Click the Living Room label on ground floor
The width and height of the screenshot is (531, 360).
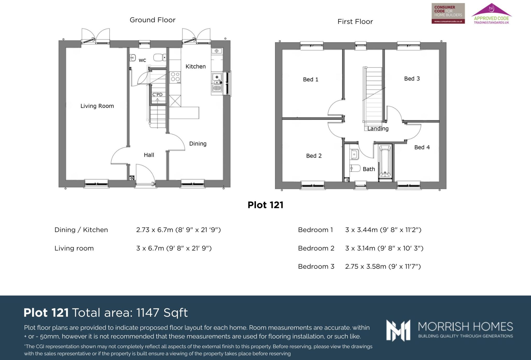pos(97,106)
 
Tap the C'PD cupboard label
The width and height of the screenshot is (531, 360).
pos(157,94)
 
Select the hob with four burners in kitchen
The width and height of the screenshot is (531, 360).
pos(175,77)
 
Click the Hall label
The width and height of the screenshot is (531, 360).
pos(149,155)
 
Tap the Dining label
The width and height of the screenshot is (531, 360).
pos(198,144)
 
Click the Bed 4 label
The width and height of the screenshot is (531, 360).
pos(422,147)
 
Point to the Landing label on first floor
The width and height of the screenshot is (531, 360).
pos(378,128)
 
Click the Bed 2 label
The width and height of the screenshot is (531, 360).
pos(314,156)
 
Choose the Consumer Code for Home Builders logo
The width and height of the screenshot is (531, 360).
pos(448,13)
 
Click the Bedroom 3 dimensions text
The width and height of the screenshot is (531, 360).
pos(383,266)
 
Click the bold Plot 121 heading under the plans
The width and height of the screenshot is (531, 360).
pos(265,205)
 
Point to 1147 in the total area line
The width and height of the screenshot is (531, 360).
pos(148,313)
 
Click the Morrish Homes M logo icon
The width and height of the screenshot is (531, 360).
pos(398,330)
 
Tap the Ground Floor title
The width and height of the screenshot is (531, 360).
pos(152,20)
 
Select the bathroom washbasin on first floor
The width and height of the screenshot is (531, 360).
pos(354,154)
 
